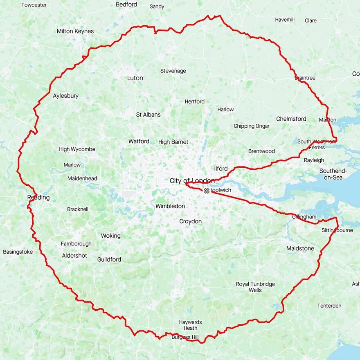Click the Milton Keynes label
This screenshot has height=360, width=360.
pyautogui.click(x=75, y=31)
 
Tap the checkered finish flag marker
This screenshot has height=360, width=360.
pyautogui.click(x=207, y=190)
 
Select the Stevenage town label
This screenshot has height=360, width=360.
pyautogui.click(x=173, y=71)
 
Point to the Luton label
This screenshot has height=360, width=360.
pyautogui.click(x=135, y=78)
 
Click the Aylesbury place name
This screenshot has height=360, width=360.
pyautogui.click(x=65, y=96)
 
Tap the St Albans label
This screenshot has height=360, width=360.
pyautogui.click(x=148, y=115)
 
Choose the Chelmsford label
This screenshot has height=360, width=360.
pyautogui.click(x=291, y=119)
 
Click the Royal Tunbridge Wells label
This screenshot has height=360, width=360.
pyautogui.click(x=255, y=287)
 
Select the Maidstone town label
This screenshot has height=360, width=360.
pyautogui.click(x=300, y=248)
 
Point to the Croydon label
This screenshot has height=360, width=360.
pyautogui.click(x=191, y=221)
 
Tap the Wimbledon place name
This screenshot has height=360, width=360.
pyautogui.click(x=170, y=206)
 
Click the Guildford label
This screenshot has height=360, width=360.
pyautogui.click(x=109, y=259)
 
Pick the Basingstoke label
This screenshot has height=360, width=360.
pyautogui.click(x=18, y=252)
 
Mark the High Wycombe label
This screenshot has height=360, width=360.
pyautogui.click(x=77, y=149)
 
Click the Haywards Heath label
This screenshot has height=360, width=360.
pyautogui.click(x=190, y=325)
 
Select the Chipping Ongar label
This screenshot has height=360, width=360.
pyautogui.click(x=251, y=126)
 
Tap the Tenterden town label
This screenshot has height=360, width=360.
pyautogui.click(x=329, y=306)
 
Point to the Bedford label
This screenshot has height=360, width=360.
pyautogui.click(x=126, y=4)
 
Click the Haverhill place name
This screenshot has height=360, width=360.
pyautogui.click(x=285, y=20)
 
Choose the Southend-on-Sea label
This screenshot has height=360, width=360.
pyautogui.click(x=333, y=174)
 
